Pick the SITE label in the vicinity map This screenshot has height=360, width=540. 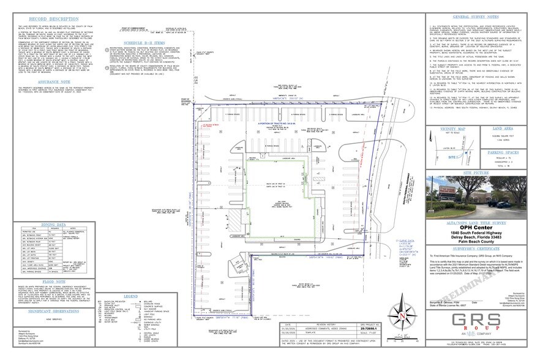click(x=447, y=157)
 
